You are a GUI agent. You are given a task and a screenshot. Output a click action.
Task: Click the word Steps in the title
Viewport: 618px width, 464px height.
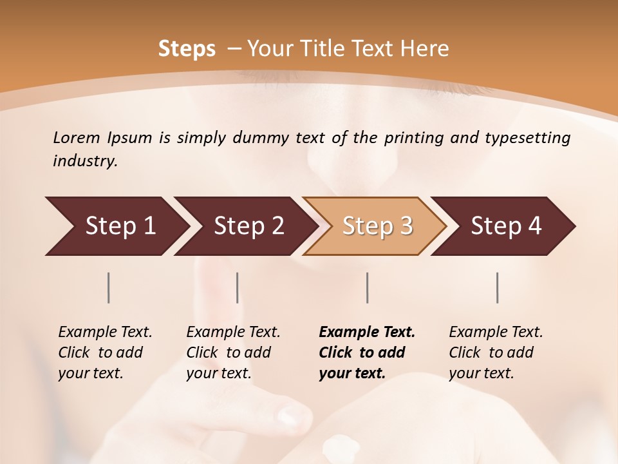[x=187, y=49]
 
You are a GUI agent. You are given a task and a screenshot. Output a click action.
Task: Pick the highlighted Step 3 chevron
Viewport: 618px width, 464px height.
[x=377, y=226]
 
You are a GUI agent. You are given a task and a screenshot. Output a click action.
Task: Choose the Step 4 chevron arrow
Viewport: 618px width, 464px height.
[x=506, y=226]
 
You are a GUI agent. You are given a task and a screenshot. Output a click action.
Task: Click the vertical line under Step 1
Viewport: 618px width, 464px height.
[x=109, y=287]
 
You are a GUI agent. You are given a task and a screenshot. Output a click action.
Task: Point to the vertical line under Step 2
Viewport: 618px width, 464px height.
[x=238, y=287]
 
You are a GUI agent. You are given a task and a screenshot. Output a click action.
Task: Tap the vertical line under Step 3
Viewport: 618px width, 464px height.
[x=367, y=287]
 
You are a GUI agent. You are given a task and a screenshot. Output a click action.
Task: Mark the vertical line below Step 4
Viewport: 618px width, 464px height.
[x=498, y=287]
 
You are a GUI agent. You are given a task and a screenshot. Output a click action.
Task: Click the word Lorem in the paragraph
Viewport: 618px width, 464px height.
[x=77, y=137]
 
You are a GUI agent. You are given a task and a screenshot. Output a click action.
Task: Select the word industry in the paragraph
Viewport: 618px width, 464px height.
[x=85, y=160]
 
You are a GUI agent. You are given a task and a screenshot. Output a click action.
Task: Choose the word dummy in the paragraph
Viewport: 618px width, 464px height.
[x=257, y=137]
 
